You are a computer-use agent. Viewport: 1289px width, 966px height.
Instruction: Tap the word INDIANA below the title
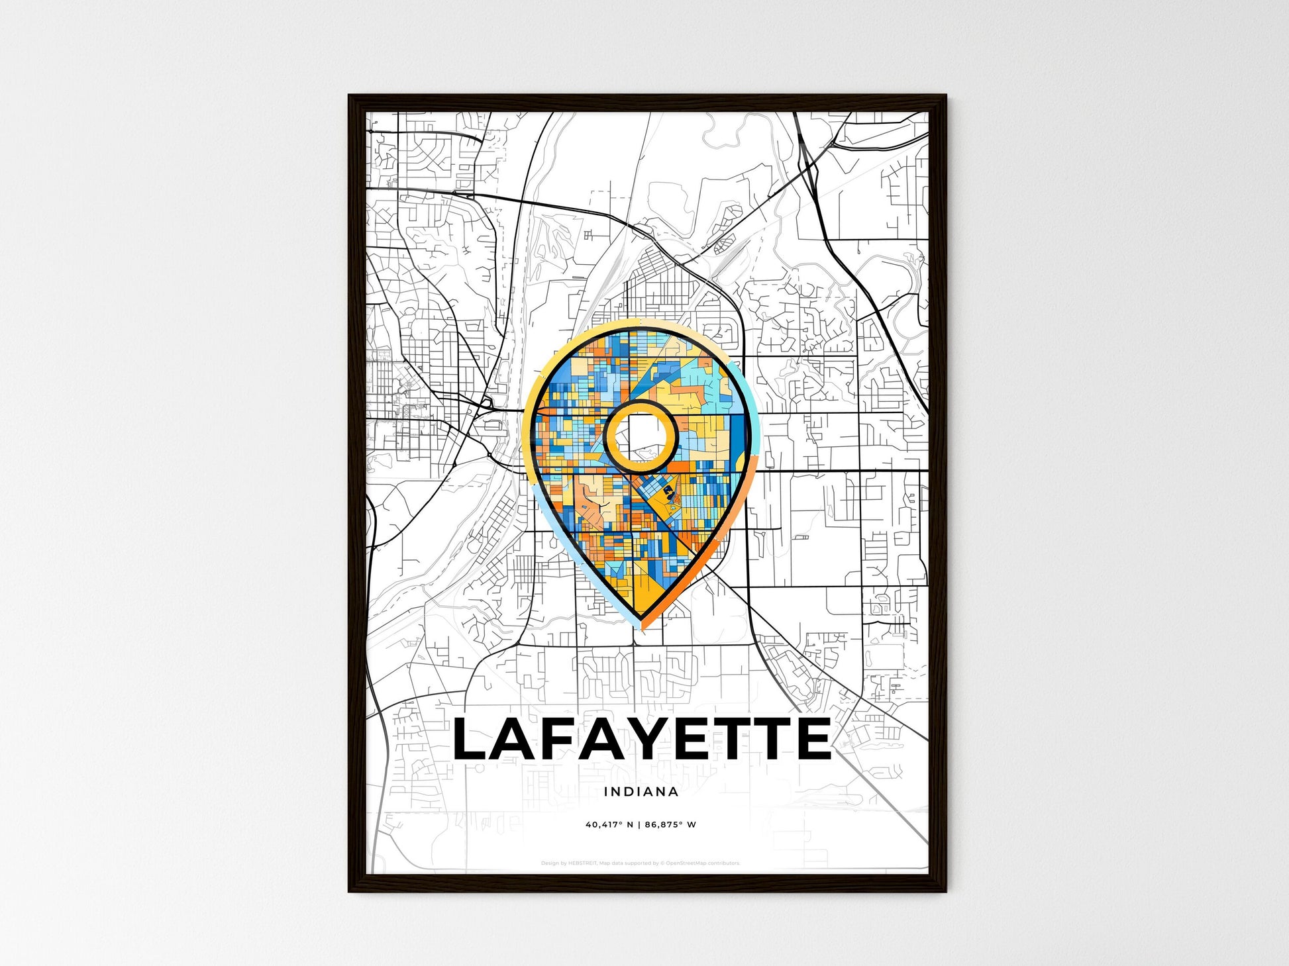(x=641, y=791)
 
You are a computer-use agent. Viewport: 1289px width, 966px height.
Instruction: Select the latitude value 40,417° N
(x=609, y=825)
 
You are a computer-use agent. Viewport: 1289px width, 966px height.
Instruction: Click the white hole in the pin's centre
(x=640, y=436)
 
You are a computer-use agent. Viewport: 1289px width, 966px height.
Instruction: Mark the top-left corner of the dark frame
(x=350, y=96)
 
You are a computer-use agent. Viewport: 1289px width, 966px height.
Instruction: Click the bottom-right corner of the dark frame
(x=945, y=891)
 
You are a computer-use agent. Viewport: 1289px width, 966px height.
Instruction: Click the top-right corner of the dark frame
(x=945, y=96)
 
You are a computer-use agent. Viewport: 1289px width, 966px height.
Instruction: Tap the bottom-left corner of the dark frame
(x=350, y=891)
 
